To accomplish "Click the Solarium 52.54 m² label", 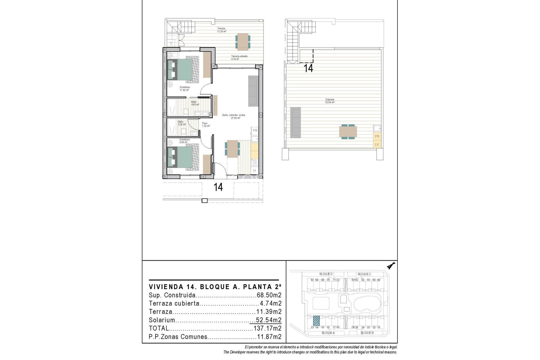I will click(330, 101).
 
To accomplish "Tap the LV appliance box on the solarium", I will click(377, 145).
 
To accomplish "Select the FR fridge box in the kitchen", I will click(255, 130).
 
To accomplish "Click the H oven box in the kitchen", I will click(255, 171).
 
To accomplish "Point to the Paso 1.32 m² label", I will click(206, 125).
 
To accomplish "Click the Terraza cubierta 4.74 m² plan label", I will click(239, 58).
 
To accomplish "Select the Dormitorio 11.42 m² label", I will click(185, 89).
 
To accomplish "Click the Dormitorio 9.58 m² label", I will click(184, 141).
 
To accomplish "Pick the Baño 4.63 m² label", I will click(195, 103).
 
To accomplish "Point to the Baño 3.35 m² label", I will click(181, 123).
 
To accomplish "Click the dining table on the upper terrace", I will click(243, 42).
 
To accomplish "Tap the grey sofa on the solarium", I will click(295, 122).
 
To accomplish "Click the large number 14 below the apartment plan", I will click(218, 187).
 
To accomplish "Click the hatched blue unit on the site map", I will click(316, 321).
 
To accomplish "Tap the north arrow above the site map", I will click(391, 265).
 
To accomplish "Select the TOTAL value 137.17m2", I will click(267, 328).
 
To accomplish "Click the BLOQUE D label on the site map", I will click(326, 274).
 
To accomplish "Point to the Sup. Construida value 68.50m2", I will click(269, 295).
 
